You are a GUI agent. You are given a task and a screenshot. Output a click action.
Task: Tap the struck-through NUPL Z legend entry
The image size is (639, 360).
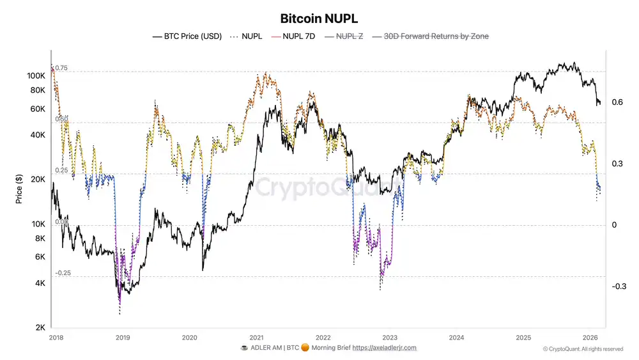(349, 36)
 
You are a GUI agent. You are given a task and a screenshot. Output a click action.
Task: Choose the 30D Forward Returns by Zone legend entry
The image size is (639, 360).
(436, 36)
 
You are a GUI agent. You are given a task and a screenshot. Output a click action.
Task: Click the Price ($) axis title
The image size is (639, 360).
(20, 189)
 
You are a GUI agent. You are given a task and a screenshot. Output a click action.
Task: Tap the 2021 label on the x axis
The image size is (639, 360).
(256, 337)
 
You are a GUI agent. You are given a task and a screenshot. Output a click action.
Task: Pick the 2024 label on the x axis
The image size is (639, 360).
(456, 337)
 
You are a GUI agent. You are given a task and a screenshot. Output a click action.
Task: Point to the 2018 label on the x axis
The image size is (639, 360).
(56, 337)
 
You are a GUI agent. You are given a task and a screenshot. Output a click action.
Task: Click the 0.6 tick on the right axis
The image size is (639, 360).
(617, 102)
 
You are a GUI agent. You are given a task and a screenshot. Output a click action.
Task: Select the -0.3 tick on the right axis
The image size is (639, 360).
(618, 286)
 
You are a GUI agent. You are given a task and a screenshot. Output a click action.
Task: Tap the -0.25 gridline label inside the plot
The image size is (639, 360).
(63, 273)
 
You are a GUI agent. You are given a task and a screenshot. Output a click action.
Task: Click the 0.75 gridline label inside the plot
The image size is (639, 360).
(61, 68)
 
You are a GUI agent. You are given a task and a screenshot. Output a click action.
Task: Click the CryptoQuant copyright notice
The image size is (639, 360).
(583, 349)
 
